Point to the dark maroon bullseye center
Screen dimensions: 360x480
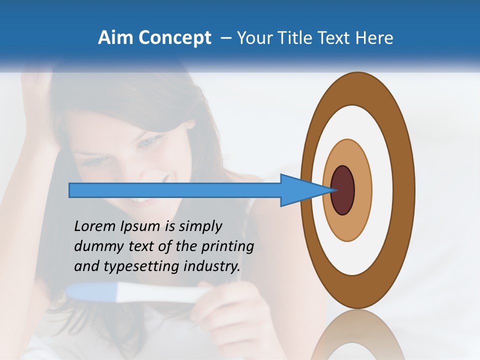click(343, 190)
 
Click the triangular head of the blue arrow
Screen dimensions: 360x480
click(300, 190)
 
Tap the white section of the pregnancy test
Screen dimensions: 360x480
click(160, 294)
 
